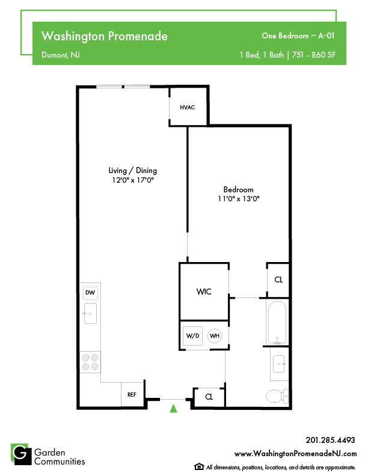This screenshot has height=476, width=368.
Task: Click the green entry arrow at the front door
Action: [173, 408]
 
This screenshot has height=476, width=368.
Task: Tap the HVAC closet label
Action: [188, 108]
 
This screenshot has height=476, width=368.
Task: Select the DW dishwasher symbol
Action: [90, 293]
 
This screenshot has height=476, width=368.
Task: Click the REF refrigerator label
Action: [132, 395]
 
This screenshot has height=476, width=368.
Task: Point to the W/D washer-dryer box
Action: [193, 336]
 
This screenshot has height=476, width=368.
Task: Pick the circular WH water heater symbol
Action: [215, 336]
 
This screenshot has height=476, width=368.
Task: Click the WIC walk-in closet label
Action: [204, 291]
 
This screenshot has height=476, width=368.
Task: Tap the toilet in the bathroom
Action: [277, 396]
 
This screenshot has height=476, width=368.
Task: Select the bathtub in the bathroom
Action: [277, 322]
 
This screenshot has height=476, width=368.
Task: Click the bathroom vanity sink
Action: [279, 364]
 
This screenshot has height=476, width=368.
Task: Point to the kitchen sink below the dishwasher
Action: [90, 313]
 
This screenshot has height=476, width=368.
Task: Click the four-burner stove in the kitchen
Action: [90, 362]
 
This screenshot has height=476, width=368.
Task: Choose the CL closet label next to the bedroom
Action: [278, 279]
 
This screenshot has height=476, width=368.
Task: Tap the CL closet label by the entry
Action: [209, 397]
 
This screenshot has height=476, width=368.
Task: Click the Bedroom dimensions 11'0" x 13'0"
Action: [239, 199]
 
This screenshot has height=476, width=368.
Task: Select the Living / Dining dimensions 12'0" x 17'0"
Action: [133, 180]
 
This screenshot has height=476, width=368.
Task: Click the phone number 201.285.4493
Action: [330, 440]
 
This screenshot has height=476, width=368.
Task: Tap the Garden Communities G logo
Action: [21, 454]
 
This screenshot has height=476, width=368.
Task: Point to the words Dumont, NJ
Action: [61, 55]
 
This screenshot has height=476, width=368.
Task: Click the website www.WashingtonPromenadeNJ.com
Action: [295, 454]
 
